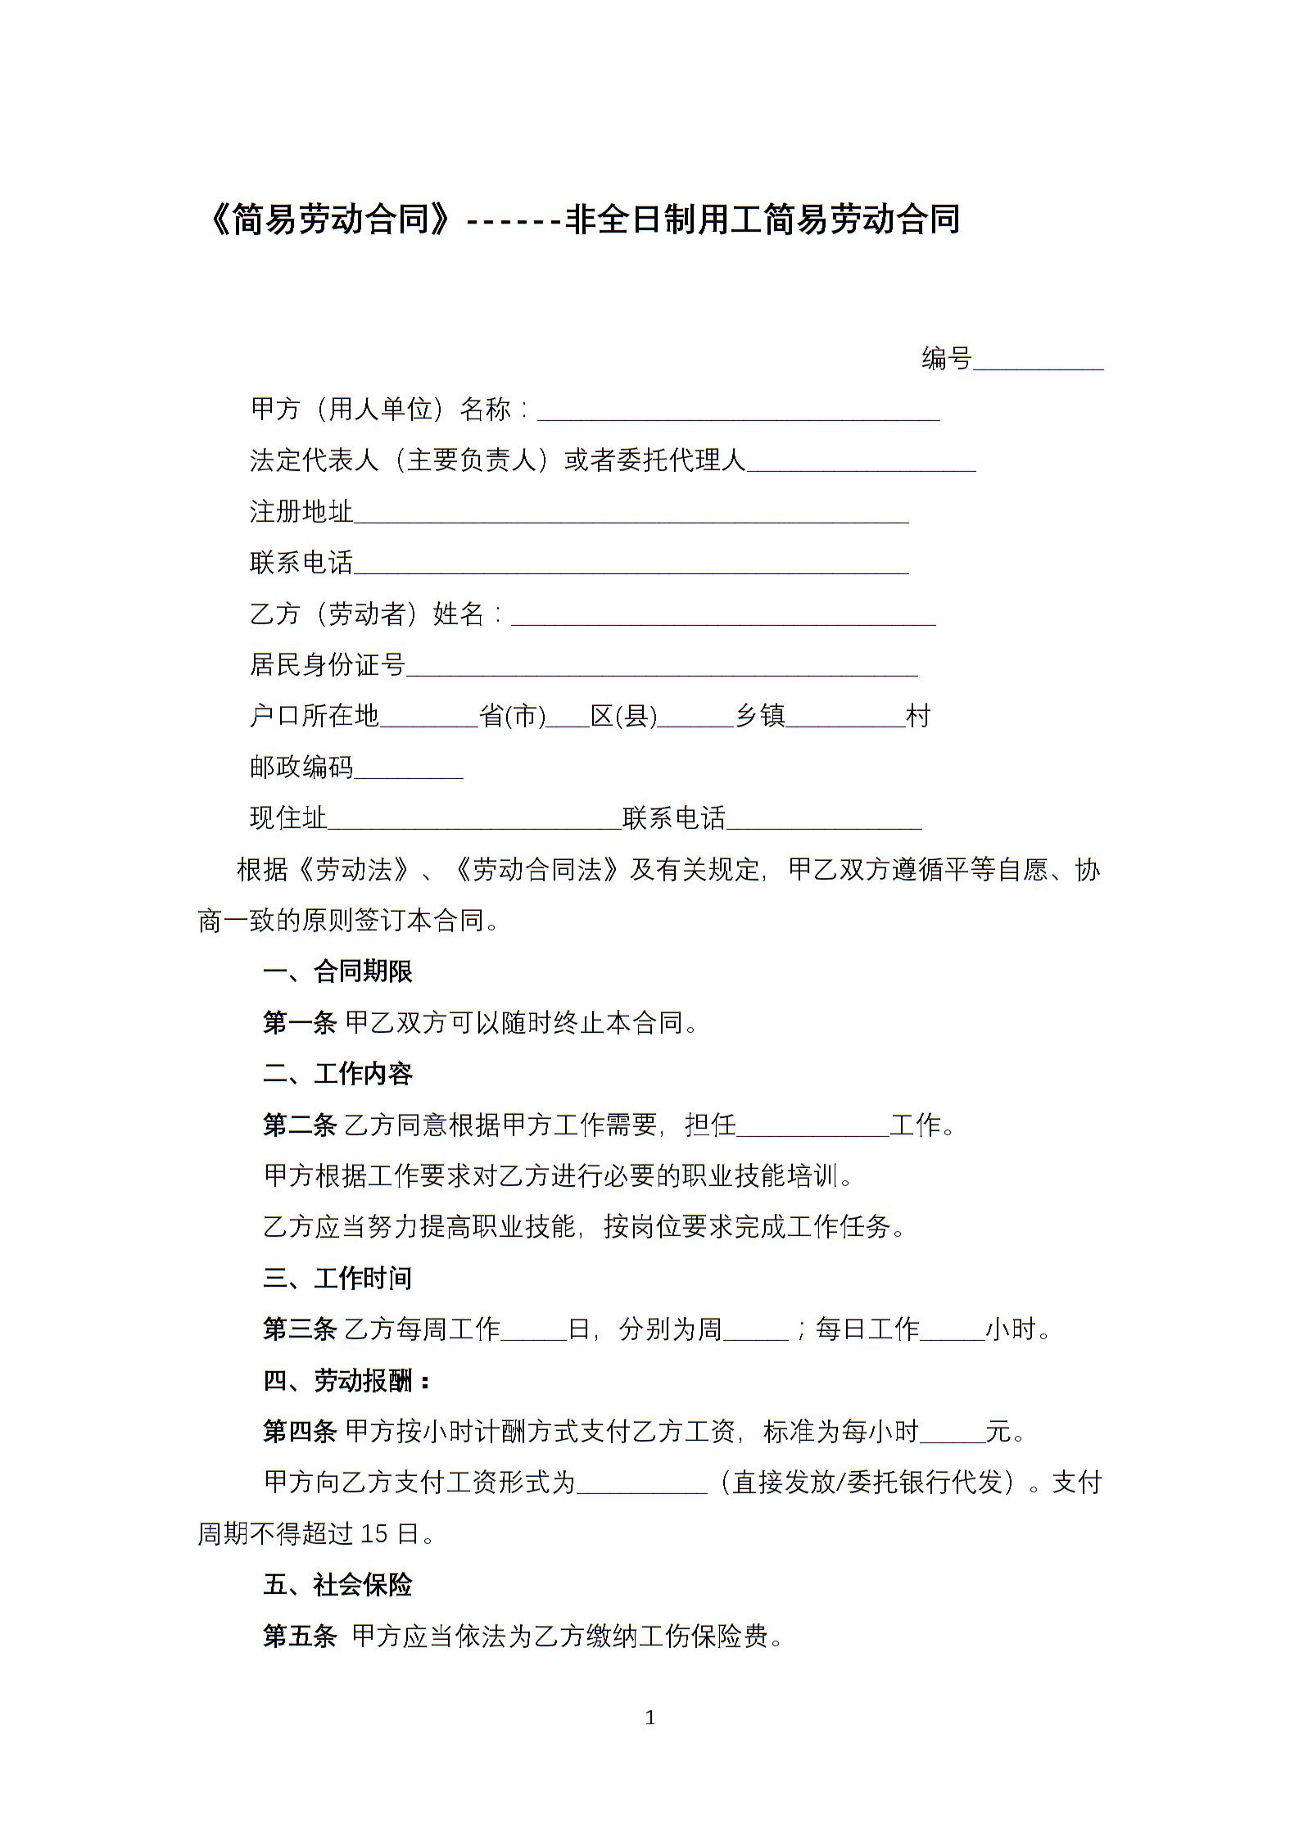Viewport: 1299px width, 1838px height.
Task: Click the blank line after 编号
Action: pyautogui.click(x=1038, y=361)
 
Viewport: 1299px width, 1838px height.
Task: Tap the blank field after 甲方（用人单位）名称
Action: pyautogui.click(x=738, y=412)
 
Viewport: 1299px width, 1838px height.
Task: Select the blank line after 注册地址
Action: pyautogui.click(x=631, y=514)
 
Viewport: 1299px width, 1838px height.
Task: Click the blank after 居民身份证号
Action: pyautogui.click(x=662, y=668)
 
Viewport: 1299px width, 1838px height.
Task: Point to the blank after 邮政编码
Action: pyautogui.click(x=409, y=771)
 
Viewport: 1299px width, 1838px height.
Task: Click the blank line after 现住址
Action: pyautogui.click(x=474, y=822)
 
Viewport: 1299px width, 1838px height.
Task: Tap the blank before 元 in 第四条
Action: pyautogui.click(x=953, y=1434)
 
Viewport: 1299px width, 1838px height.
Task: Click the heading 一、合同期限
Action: pyautogui.click(x=337, y=972)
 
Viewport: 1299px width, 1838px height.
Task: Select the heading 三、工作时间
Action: pyautogui.click(x=337, y=1279)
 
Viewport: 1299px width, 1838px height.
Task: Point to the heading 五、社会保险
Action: pyautogui.click(x=337, y=1586)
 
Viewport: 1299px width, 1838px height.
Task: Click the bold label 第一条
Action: pyautogui.click(x=299, y=1023)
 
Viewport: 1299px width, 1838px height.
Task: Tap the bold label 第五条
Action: pyautogui.click(x=299, y=1637)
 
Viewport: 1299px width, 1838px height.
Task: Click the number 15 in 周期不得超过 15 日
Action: pyautogui.click(x=373, y=1534)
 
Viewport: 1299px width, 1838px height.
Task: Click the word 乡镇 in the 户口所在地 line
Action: pyautogui.click(x=760, y=717)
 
